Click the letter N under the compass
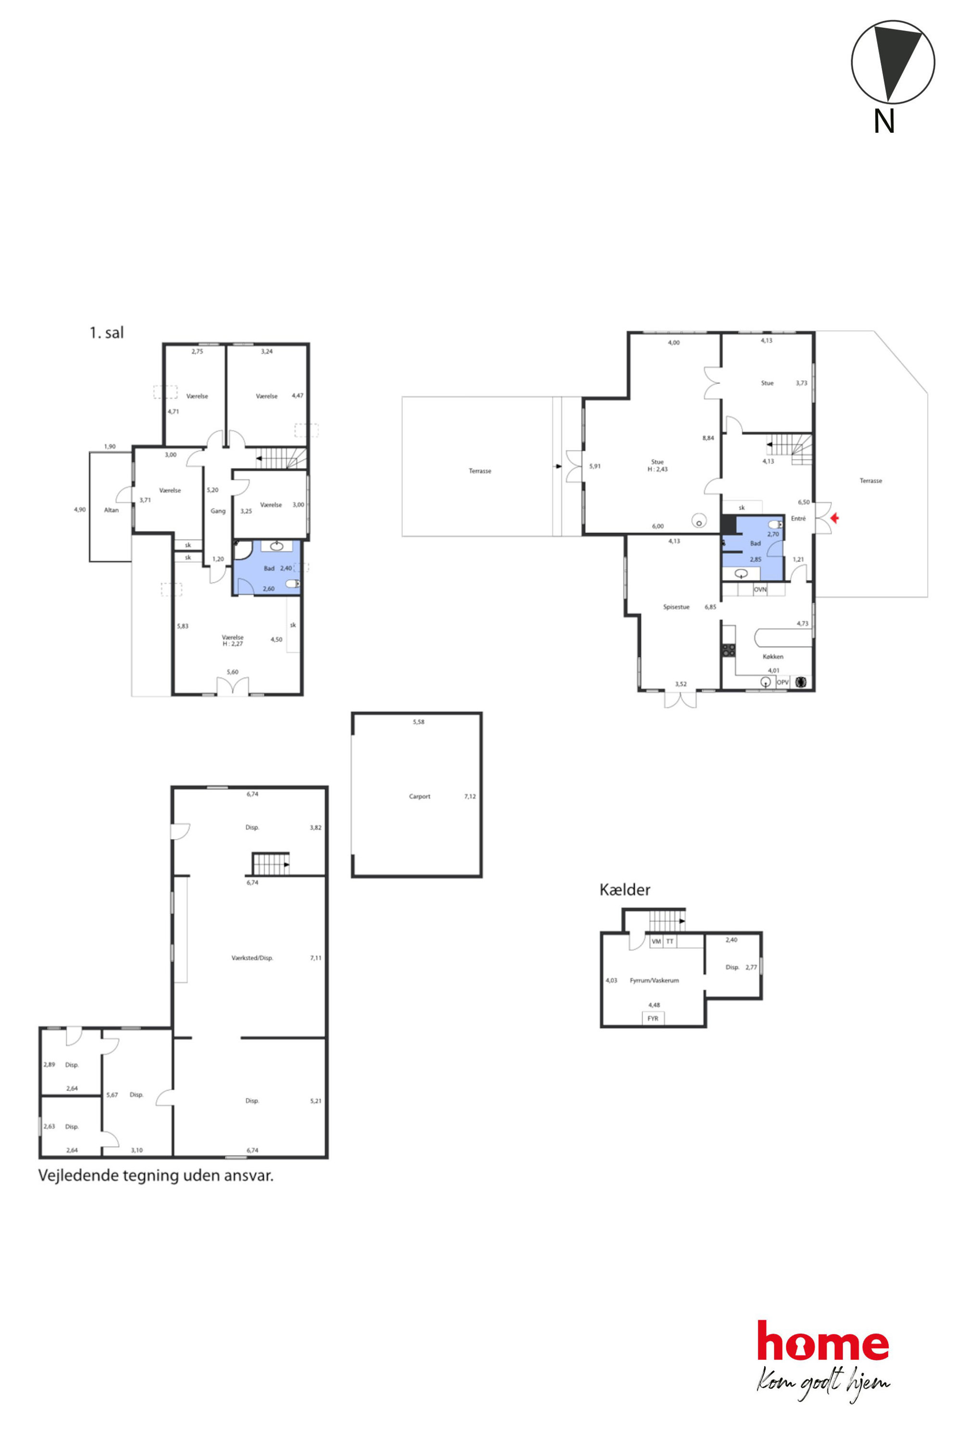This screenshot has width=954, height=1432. [884, 121]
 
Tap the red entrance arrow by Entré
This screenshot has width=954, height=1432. [835, 518]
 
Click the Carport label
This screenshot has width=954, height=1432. [419, 796]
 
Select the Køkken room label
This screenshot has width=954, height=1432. [773, 656]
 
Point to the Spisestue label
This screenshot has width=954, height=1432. [676, 607]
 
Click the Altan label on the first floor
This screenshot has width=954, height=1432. [112, 510]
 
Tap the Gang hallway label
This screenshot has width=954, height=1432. [218, 511]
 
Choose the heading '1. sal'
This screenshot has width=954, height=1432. [106, 332]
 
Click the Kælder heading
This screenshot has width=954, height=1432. [625, 890]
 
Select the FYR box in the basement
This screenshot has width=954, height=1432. [653, 1018]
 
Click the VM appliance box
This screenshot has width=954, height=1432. [656, 941]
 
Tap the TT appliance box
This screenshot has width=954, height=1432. [670, 941]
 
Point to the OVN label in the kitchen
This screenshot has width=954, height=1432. [760, 589]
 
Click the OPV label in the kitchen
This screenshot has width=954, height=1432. [782, 682]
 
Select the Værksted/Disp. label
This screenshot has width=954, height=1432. [252, 958]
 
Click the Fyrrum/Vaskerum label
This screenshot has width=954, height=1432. [654, 980]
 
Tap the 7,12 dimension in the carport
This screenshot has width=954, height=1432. [470, 796]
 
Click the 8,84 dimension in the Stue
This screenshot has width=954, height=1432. [708, 438]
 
